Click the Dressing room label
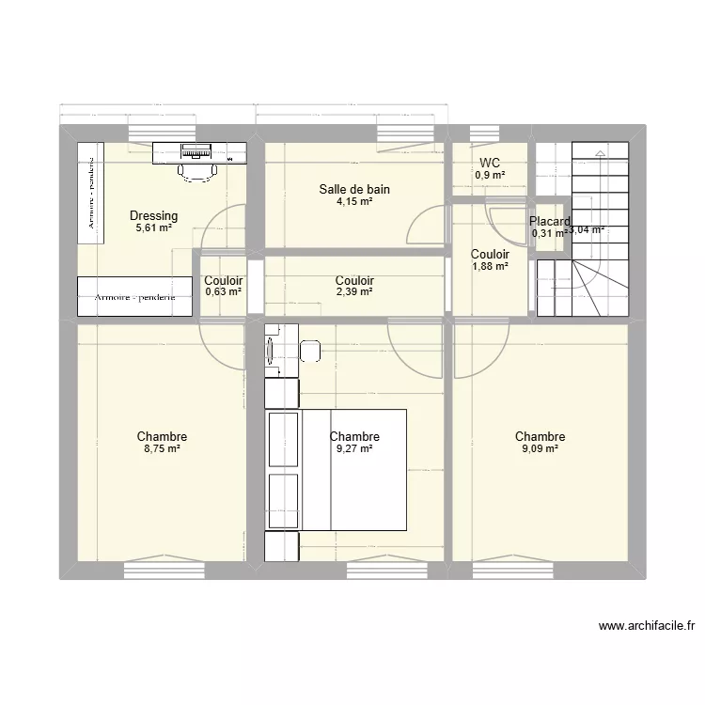pos(153,216)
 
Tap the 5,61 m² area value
pos(153,227)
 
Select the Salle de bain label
pos(353,190)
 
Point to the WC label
pos(490,163)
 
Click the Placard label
pos(549,222)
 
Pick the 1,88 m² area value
pos(490,266)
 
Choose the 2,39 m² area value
pos(354,292)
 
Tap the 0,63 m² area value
pos(223,292)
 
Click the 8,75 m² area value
pos(162,449)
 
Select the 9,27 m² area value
pos(354,449)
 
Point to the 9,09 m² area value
pos(540,449)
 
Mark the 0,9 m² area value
pos(490,175)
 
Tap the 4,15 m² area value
pos(353,201)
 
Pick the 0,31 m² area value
pos(547,234)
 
